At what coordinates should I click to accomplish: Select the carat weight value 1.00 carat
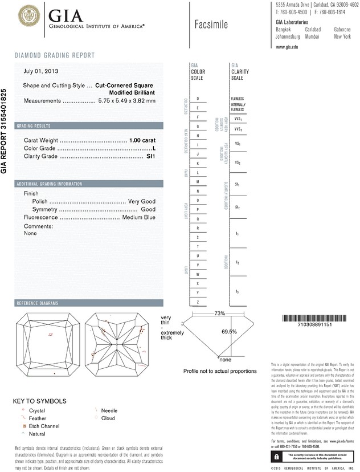click(x=142, y=140)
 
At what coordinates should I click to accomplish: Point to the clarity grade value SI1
click(x=151, y=156)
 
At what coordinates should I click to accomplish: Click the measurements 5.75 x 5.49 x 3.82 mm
click(x=127, y=100)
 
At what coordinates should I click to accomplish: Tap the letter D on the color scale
click(x=197, y=99)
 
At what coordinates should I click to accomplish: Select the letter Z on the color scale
click(x=197, y=302)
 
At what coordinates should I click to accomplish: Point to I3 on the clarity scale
click(x=238, y=292)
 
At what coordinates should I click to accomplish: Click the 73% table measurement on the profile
click(x=220, y=314)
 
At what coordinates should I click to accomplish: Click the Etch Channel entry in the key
click(x=43, y=426)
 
